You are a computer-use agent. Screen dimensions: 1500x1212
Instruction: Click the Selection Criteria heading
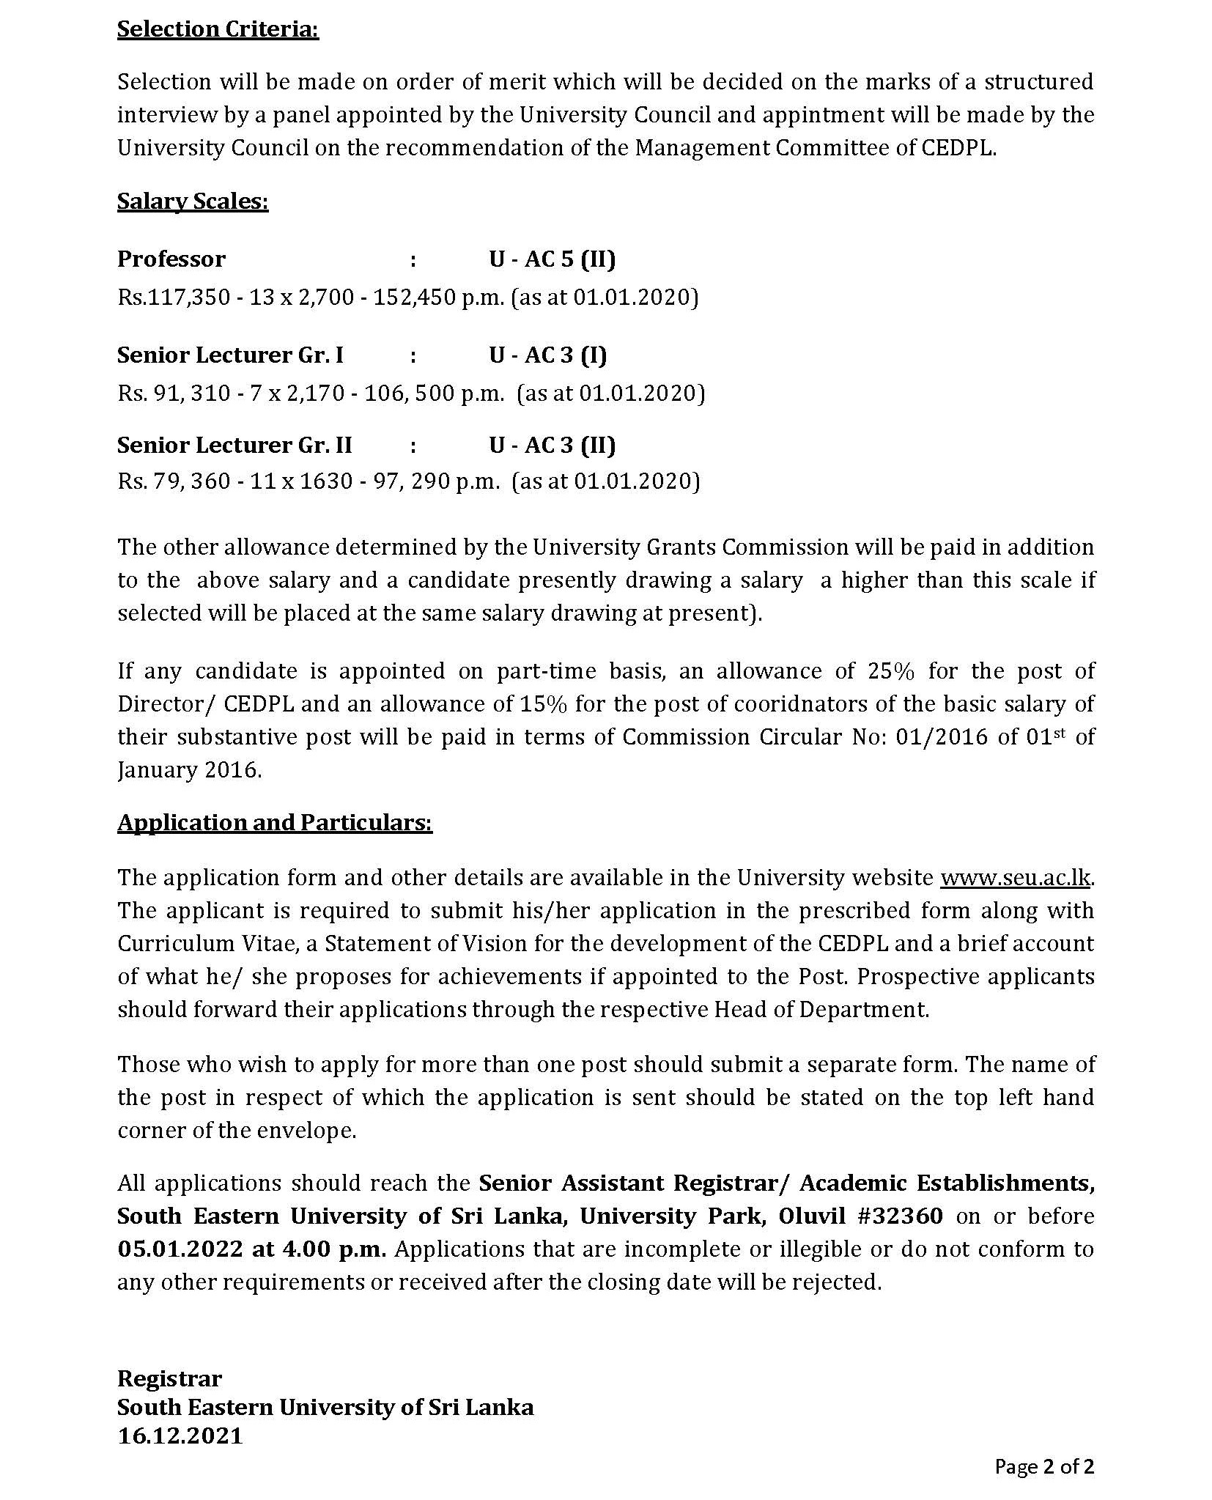pos(218,29)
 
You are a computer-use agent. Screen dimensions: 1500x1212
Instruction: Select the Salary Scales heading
pos(193,202)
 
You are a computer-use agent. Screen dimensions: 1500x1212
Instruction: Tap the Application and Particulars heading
pos(275,822)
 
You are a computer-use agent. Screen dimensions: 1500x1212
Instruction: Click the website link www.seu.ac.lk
pos(1016,877)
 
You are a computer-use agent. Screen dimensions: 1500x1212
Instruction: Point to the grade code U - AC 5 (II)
pos(552,259)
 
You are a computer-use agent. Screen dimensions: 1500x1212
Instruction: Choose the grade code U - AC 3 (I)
pos(547,355)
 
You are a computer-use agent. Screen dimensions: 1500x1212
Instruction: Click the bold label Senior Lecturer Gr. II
pos(234,445)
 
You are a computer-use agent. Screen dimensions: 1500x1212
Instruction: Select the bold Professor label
pos(171,259)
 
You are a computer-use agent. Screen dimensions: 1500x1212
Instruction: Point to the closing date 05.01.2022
pos(180,1249)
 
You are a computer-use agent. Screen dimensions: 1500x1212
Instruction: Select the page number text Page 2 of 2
pos(1043,1466)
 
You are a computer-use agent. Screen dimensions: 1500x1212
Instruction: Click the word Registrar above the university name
pos(169,1378)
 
